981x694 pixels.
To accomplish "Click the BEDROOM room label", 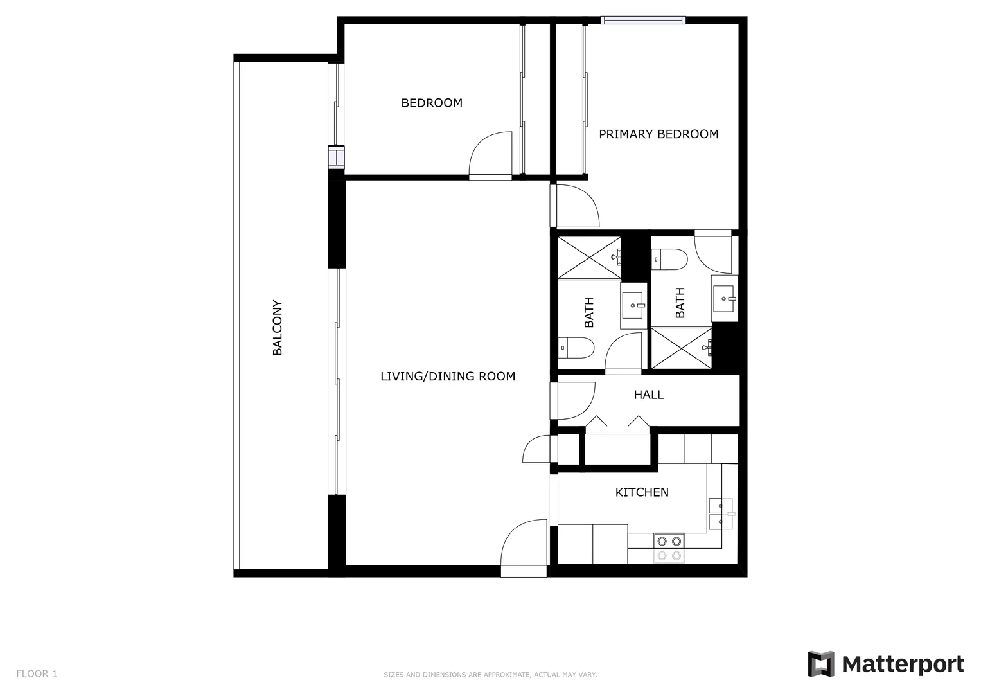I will click(431, 103).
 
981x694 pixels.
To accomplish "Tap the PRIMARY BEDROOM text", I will click(658, 134).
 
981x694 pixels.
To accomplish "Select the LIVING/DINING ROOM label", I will click(447, 377).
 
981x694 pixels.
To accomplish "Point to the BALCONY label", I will click(278, 328).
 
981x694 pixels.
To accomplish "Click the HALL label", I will click(648, 395).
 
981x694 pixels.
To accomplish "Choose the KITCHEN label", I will click(641, 492).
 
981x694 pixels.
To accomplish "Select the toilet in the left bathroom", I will click(575, 348).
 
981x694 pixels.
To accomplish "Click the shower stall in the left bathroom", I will click(589, 258).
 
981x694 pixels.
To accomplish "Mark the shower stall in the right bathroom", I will click(682, 348).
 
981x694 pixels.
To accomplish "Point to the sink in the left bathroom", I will click(633, 305).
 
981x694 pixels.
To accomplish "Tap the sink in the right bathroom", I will click(724, 299).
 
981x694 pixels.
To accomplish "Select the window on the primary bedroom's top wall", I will click(642, 21).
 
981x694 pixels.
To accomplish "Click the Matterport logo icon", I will click(820, 664).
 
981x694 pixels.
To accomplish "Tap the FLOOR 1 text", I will click(37, 673).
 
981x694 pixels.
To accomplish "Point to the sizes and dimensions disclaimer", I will click(490, 675).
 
